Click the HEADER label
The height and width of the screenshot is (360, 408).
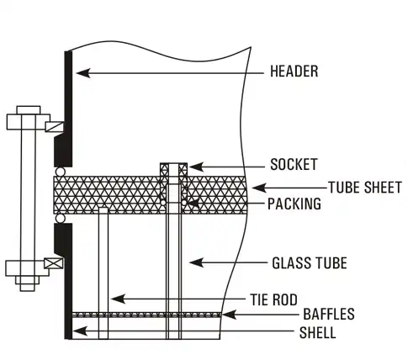(x=294, y=71)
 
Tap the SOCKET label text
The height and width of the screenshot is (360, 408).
(x=294, y=163)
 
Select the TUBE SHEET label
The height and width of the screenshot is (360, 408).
(x=364, y=187)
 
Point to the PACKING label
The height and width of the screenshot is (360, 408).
(x=294, y=204)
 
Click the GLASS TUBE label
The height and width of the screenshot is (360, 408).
(x=309, y=263)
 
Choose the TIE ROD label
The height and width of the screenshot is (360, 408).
(x=273, y=298)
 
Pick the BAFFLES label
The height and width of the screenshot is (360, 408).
(x=328, y=315)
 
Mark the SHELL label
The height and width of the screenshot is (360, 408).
(x=319, y=333)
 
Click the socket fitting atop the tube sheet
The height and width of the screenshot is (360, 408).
(x=173, y=171)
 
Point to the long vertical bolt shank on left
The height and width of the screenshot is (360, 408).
(x=24, y=193)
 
